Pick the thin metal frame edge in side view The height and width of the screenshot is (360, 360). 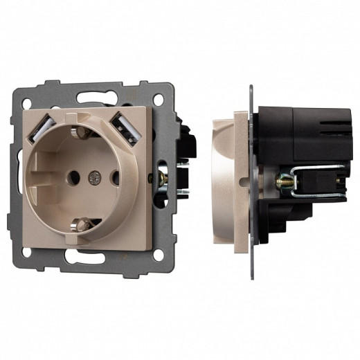click(250, 173)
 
